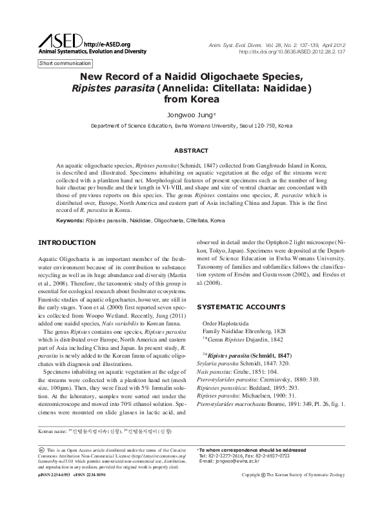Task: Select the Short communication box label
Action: pyautogui.click(x=65, y=64)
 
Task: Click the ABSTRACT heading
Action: pyautogui.click(x=192, y=149)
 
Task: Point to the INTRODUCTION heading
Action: pyautogui.click(x=68, y=243)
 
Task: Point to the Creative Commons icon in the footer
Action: pyautogui.click(x=42, y=450)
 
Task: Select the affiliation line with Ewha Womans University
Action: pyautogui.click(x=191, y=126)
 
